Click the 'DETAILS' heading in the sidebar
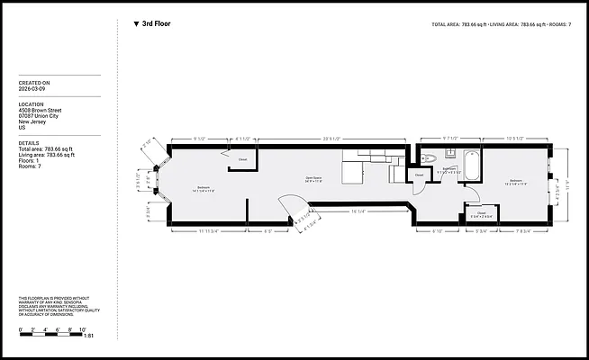point(29,142)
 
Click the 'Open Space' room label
point(314,177)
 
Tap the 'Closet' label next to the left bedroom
point(242,160)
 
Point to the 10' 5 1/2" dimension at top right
point(516,138)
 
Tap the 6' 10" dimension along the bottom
point(438,231)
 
